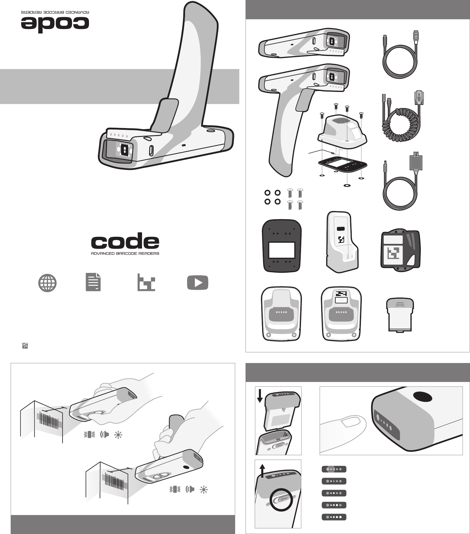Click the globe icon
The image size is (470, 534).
[47, 283]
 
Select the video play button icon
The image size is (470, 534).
[197, 283]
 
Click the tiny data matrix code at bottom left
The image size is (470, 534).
[25, 346]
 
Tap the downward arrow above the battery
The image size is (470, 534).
[260, 396]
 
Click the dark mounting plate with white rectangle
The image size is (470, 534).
[282, 246]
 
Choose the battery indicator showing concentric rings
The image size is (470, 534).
[334, 469]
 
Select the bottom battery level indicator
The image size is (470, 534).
[334, 517]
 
